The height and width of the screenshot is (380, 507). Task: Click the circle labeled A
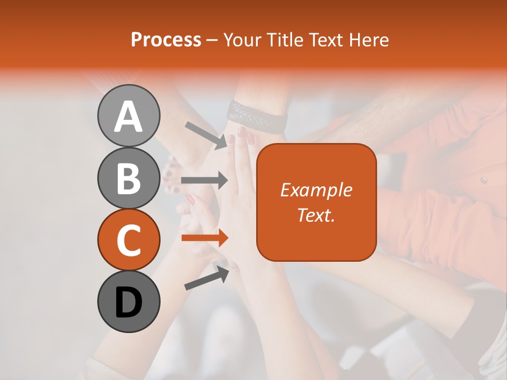coord(128,116)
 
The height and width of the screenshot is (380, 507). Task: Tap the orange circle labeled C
coord(128,240)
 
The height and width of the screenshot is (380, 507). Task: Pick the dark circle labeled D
coord(128,302)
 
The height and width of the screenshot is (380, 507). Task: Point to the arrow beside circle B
coord(204,180)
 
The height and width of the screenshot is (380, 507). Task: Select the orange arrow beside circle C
coord(204,238)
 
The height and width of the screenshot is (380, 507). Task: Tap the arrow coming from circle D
coord(206,278)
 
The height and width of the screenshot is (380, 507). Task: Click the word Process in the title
coord(166,40)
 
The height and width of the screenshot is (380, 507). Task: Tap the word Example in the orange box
coord(316,190)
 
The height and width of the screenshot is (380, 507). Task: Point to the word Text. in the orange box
coord(316,215)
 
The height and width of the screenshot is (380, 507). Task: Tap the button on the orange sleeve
coord(483,180)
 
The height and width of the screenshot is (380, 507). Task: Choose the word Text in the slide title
coord(327,40)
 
